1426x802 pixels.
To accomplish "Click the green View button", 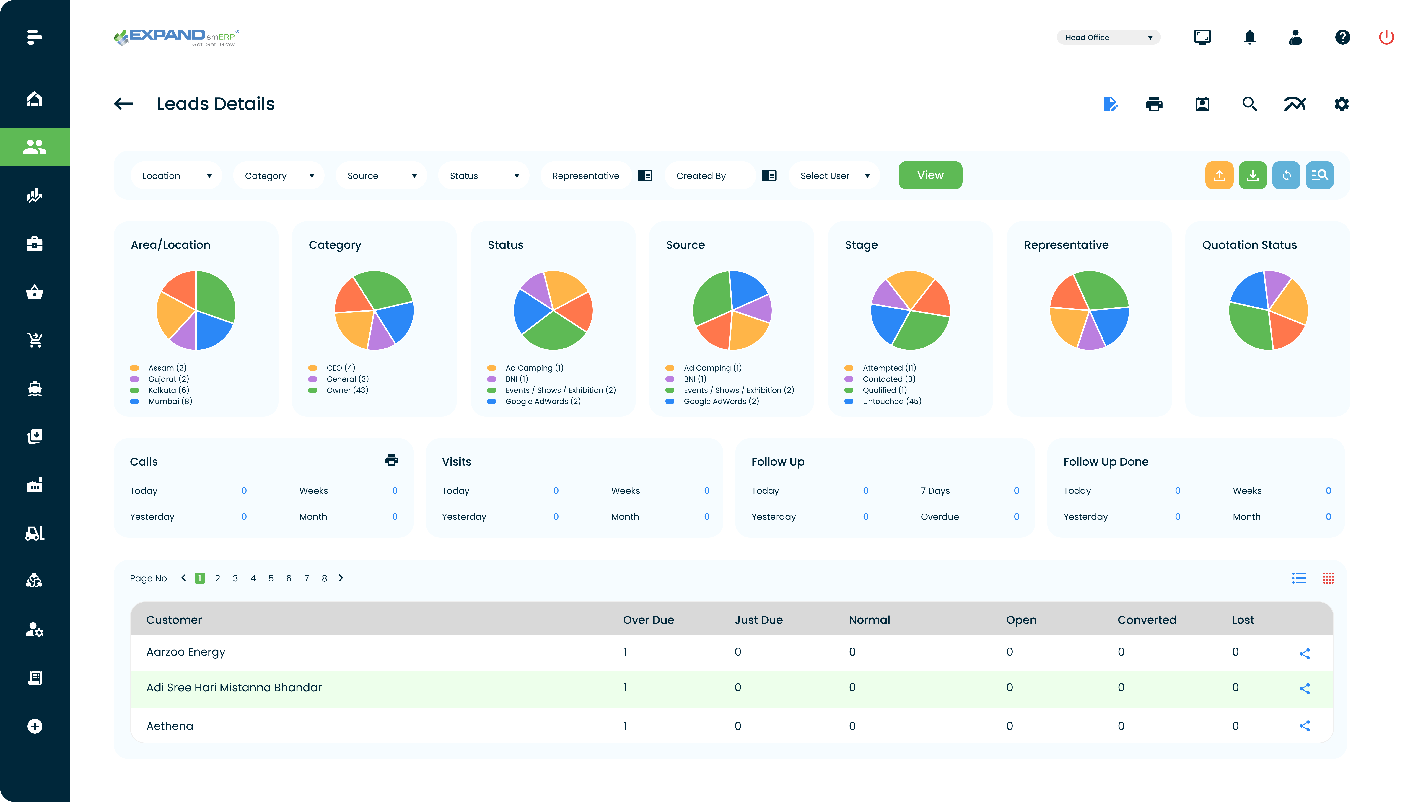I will (930, 175).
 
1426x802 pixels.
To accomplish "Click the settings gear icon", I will (1341, 104).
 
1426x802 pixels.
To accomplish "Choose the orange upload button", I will (1219, 175).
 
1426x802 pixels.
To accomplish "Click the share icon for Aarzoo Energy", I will (1304, 654).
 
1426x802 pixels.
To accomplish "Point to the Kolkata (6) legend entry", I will (168, 390).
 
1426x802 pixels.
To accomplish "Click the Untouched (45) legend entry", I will (891, 401).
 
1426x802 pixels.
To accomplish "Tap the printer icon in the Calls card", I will (391, 460).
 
